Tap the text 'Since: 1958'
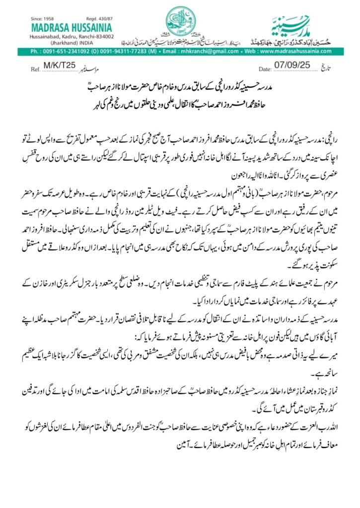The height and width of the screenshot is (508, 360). tap(43, 18)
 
